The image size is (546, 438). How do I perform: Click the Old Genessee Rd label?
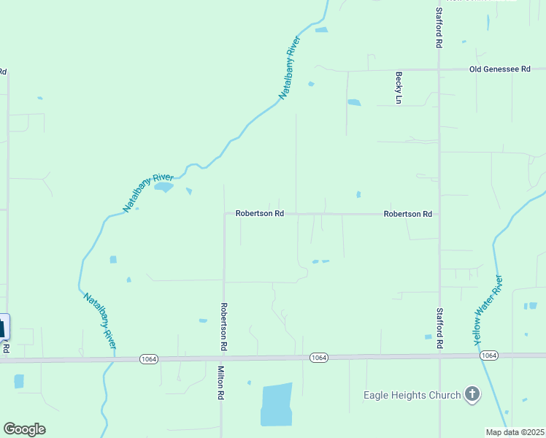click(499, 69)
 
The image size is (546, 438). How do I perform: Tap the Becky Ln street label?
click(399, 87)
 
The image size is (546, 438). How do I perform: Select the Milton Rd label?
click(220, 383)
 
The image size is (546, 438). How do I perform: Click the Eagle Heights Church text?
click(412, 395)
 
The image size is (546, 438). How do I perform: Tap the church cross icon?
click(472, 395)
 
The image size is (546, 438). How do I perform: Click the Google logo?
click(24, 429)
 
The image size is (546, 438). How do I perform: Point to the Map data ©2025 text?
click(514, 432)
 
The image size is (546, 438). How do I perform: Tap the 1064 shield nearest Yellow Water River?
click(489, 356)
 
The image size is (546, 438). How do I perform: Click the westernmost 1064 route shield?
click(149, 358)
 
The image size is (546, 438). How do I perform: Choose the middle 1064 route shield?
click(318, 357)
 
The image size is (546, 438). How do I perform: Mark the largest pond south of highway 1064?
click(276, 404)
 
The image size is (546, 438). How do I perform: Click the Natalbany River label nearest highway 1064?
click(100, 320)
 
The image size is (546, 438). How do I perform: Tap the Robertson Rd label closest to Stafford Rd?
click(408, 214)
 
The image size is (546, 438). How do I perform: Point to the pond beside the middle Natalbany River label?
click(164, 187)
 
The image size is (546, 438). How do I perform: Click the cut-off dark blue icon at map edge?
click(4, 326)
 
